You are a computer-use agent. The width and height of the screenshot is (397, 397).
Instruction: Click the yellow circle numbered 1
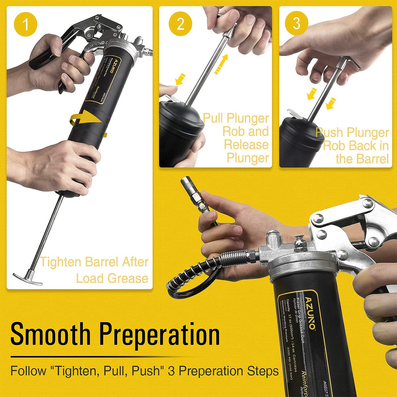coord(25,24)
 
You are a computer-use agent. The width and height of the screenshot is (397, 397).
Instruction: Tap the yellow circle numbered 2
coord(180,24)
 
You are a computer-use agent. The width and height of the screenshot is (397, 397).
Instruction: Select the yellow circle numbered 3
coord(296,23)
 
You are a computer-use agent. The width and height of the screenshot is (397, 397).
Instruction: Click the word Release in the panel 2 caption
coord(246,145)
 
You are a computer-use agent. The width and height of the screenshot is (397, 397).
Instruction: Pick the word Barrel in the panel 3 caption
coord(370,159)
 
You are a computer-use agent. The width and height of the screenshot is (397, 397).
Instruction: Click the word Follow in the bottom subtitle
coord(28,371)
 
